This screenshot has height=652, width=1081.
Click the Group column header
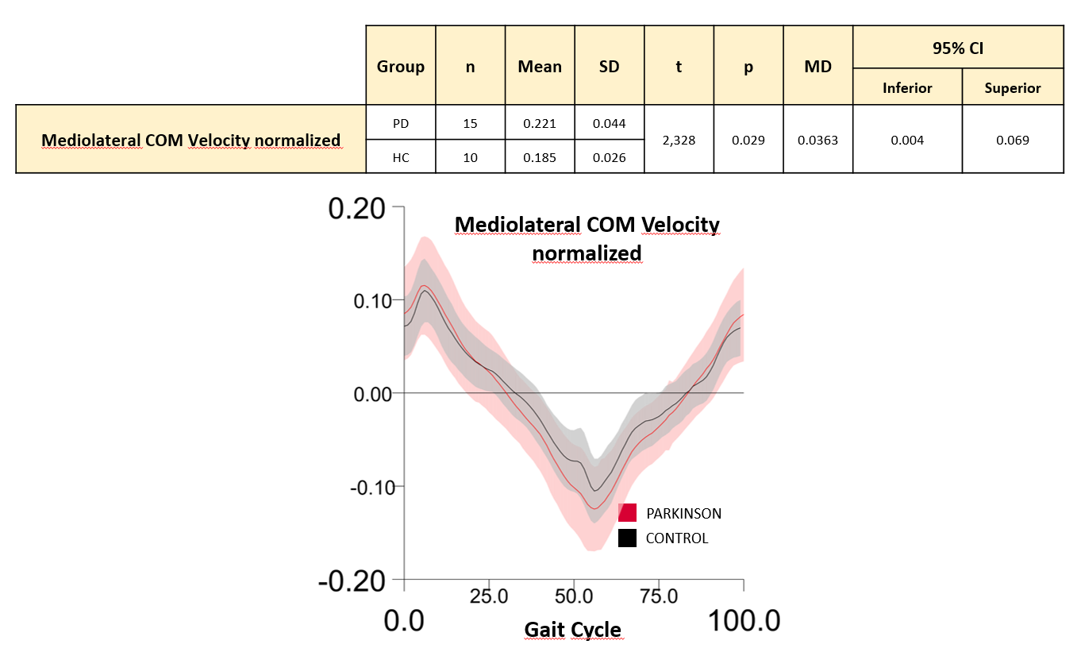[x=400, y=67]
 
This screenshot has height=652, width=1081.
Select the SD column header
[x=609, y=67]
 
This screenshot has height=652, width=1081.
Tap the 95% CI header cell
[x=957, y=48]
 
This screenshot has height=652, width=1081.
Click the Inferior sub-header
[x=907, y=88]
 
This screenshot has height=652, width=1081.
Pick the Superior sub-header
[x=1012, y=88]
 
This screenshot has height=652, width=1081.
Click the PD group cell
[x=400, y=123]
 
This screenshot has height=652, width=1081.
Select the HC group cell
[x=400, y=157]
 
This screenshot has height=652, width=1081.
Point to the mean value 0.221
[x=539, y=123]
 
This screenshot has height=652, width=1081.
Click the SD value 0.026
[x=609, y=157]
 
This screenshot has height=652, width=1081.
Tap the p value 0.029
[x=748, y=140]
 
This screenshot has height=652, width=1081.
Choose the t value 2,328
[x=679, y=140]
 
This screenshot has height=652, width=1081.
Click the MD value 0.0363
[x=817, y=140]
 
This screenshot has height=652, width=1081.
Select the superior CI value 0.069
[x=1012, y=140]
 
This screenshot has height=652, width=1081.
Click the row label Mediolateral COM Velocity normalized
[x=190, y=141]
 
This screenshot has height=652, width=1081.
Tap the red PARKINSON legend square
[x=627, y=513]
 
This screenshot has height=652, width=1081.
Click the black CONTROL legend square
[x=627, y=538]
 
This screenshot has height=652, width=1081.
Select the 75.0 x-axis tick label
[x=658, y=596]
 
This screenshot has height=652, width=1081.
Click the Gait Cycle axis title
[x=572, y=631]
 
